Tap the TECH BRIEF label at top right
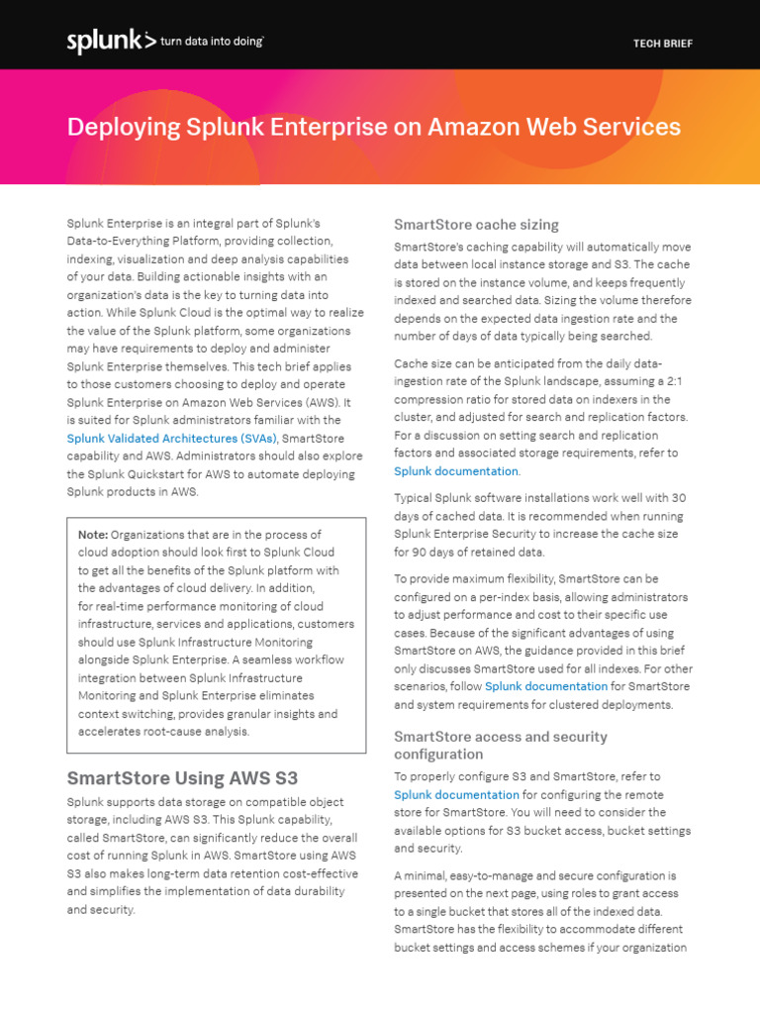663,44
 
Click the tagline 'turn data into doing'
212,42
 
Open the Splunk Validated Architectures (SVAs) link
171,438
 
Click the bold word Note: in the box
93,535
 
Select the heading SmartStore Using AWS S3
182,777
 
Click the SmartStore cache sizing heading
476,225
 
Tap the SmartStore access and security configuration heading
501,746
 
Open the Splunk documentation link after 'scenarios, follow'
546,686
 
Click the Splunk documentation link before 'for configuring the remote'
456,794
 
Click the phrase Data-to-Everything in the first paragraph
126,242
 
